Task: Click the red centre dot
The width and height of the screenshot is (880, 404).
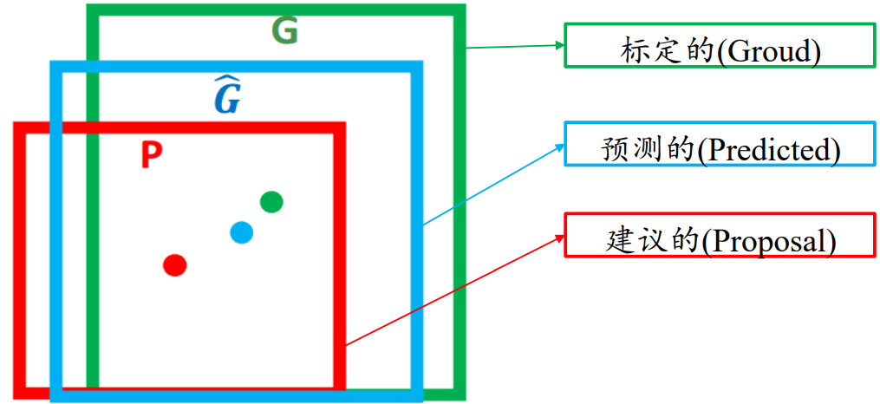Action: [x=175, y=264]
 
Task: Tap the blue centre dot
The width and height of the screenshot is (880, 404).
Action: [x=242, y=232]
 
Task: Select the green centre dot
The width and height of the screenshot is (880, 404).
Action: [x=271, y=202]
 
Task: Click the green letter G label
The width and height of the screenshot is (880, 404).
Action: [x=284, y=32]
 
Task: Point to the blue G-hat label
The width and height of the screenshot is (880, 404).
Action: [x=227, y=97]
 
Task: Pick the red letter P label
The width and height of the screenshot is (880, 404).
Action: [x=151, y=155]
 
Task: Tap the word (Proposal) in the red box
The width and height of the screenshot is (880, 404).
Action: [x=768, y=241]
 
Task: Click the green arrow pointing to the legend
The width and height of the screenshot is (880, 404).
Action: [x=512, y=46]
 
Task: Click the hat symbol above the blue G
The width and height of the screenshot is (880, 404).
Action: [x=226, y=81]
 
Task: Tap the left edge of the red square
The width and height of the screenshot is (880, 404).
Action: [x=20, y=260]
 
